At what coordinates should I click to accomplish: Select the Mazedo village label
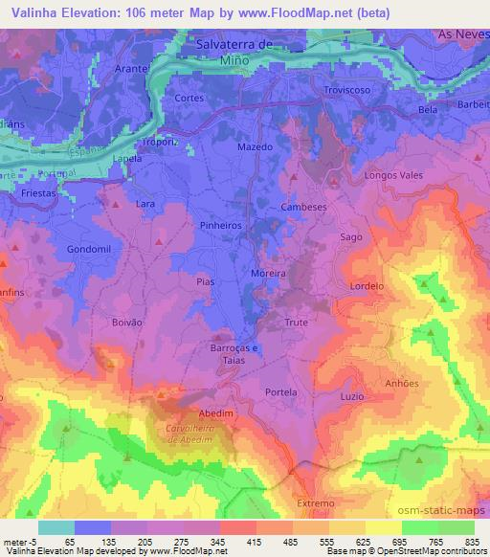click(x=255, y=148)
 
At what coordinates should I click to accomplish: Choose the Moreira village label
click(x=269, y=274)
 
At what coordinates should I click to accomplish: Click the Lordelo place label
click(x=367, y=286)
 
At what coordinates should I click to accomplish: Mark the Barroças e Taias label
click(x=234, y=354)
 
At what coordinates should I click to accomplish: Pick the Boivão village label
click(x=126, y=323)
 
